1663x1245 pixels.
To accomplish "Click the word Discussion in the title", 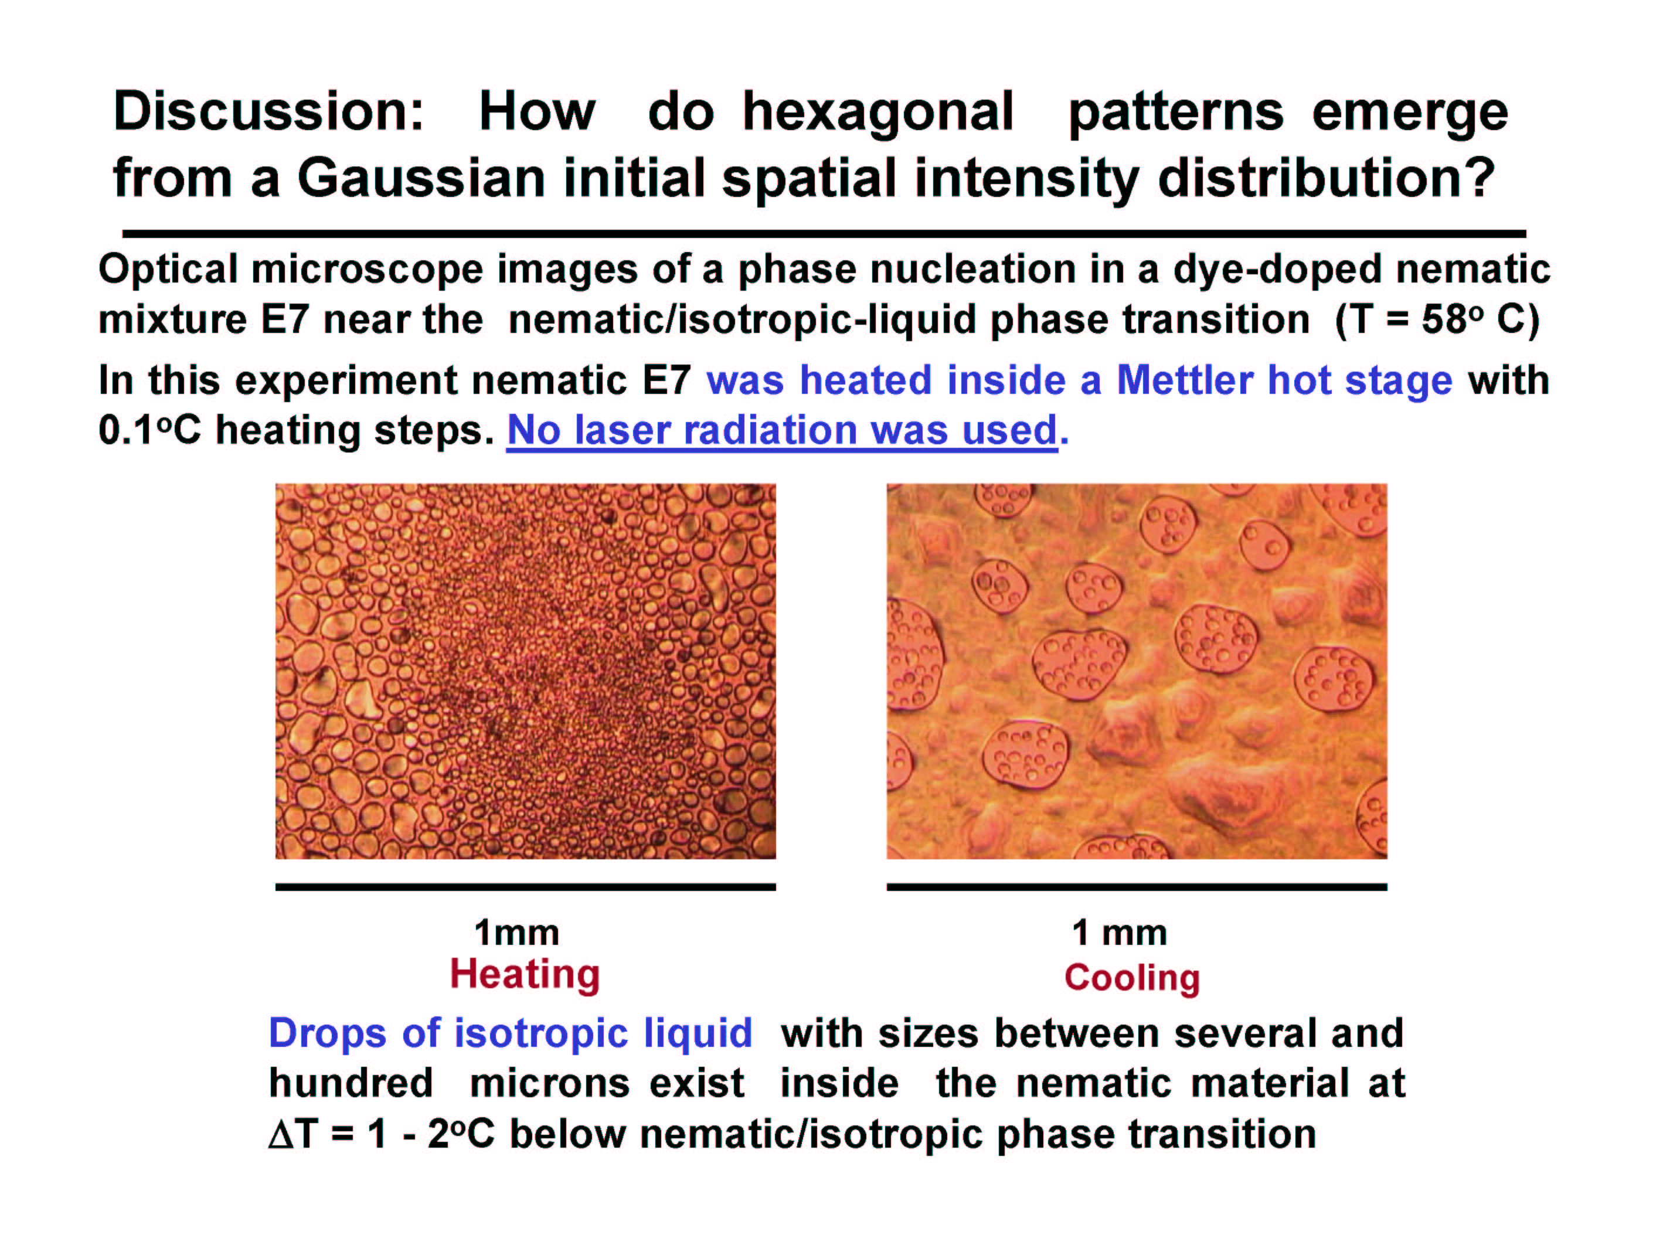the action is (x=268, y=111).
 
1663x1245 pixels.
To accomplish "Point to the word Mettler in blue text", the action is (x=1184, y=380).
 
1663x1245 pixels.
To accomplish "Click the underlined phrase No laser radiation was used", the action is (x=782, y=431).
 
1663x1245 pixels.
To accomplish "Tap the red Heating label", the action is (x=525, y=974).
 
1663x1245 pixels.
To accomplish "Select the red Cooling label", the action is (x=1131, y=977).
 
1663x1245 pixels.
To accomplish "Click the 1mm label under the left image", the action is (x=516, y=933).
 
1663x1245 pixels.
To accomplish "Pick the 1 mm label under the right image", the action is (x=1120, y=933).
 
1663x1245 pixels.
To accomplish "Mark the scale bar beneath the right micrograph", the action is (x=1137, y=887).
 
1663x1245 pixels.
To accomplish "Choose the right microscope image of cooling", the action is (x=1137, y=671).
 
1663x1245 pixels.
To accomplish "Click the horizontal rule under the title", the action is (x=824, y=234).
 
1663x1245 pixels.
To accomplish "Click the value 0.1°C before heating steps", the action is (x=149, y=431).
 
